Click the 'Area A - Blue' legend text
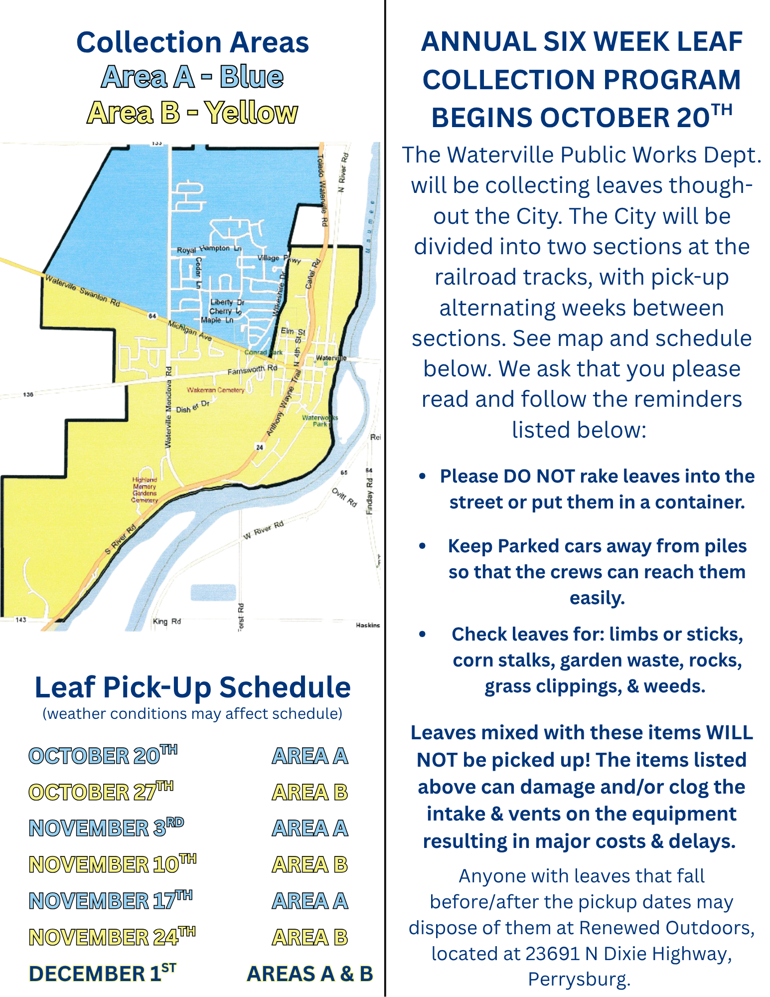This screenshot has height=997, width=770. point(192,77)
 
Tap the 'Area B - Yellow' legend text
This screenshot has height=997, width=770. point(192,113)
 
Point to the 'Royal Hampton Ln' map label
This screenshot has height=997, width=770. point(209,249)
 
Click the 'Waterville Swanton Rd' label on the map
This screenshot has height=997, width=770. point(82,291)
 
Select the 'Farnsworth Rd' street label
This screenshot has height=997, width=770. point(252,370)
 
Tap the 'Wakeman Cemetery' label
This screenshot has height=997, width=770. point(216,390)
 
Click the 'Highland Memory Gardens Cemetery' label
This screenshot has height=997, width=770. point(145,490)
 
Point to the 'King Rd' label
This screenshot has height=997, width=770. point(167,621)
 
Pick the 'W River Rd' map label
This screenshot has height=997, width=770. point(263,530)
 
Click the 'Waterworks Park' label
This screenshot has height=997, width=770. point(320,421)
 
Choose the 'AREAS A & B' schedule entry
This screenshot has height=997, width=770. point(310,974)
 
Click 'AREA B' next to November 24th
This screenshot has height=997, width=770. point(310,937)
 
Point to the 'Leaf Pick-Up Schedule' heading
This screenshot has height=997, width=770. point(192,687)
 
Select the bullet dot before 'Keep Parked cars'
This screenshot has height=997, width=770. point(423,546)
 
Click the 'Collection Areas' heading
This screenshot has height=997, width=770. point(192,42)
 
